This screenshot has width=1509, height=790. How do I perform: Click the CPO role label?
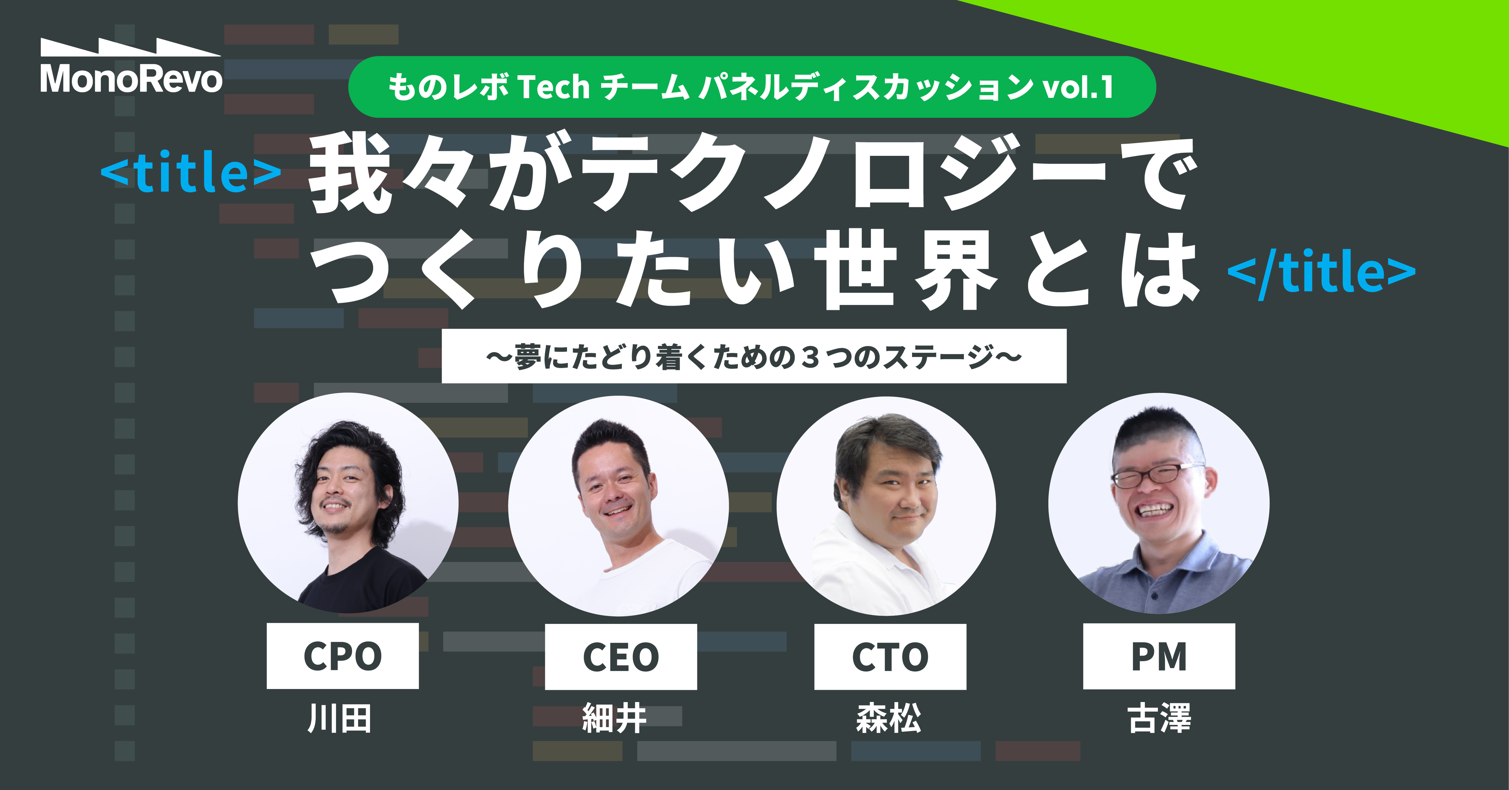pos(343,656)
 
